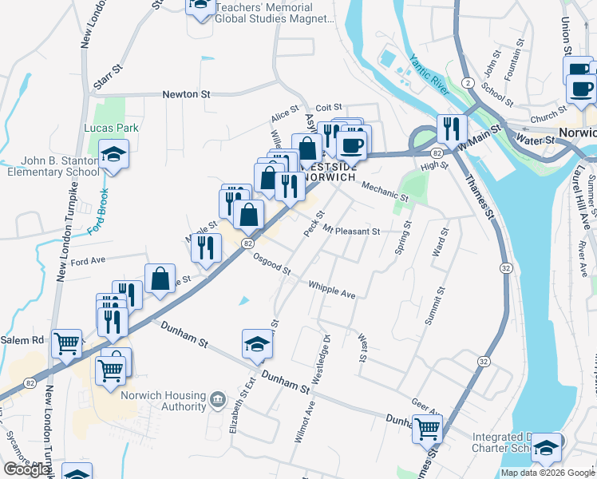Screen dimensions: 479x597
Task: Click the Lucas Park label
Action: [x=112, y=128]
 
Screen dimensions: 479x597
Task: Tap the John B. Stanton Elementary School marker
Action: [x=113, y=155]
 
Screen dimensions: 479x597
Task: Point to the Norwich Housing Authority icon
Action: [x=217, y=398]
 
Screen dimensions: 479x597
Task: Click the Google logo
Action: [x=27, y=469]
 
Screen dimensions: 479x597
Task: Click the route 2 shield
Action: [x=466, y=82]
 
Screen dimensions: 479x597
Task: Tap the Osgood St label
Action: [x=271, y=264]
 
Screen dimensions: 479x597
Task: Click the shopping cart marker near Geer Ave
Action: [x=427, y=429]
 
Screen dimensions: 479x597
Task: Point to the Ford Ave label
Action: [x=88, y=260]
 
